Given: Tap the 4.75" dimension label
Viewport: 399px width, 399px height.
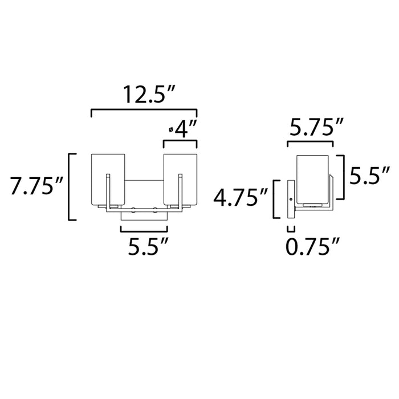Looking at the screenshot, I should [x=240, y=199].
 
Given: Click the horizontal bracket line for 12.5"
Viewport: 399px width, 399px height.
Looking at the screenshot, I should [x=144, y=110].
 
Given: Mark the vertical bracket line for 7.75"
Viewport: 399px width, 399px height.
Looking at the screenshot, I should [x=70, y=186].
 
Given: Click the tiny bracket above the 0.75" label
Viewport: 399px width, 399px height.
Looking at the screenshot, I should [x=291, y=229].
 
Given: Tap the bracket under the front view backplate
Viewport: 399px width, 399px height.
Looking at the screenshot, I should [x=144, y=230].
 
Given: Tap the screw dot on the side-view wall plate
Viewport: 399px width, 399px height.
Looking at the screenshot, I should [x=291, y=199].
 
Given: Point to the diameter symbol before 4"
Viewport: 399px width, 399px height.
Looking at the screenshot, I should [x=171, y=130].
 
